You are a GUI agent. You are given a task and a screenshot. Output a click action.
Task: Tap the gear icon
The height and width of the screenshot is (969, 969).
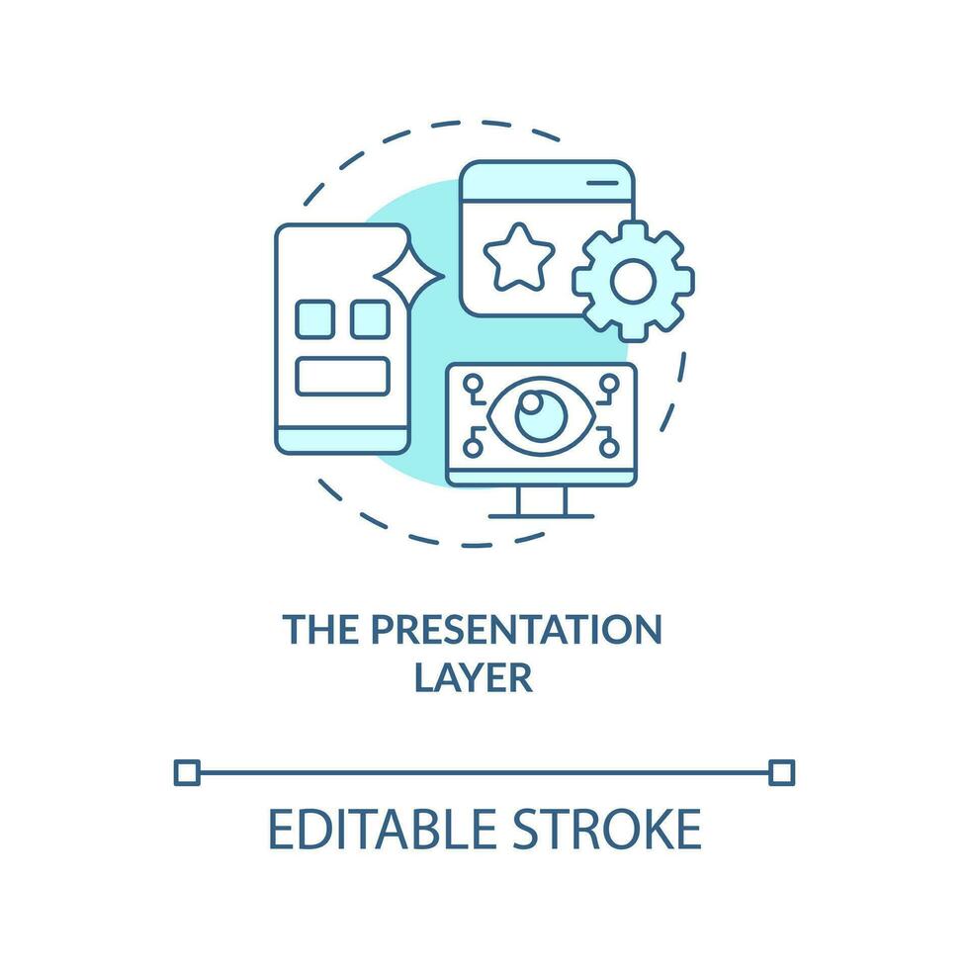point(632,282)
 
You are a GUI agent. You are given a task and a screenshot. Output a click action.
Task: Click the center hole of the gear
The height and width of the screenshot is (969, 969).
point(631,282)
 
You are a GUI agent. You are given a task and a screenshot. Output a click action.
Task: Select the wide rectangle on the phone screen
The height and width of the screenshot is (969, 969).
point(343,375)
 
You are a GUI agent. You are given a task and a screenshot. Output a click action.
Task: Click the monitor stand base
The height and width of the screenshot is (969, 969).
point(541,514)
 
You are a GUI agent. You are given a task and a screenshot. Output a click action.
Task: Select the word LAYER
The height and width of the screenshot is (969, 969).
point(474,679)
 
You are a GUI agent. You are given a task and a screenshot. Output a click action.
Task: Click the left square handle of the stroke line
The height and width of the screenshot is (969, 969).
point(186,771)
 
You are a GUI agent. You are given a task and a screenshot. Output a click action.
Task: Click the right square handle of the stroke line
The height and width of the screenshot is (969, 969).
point(781,771)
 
